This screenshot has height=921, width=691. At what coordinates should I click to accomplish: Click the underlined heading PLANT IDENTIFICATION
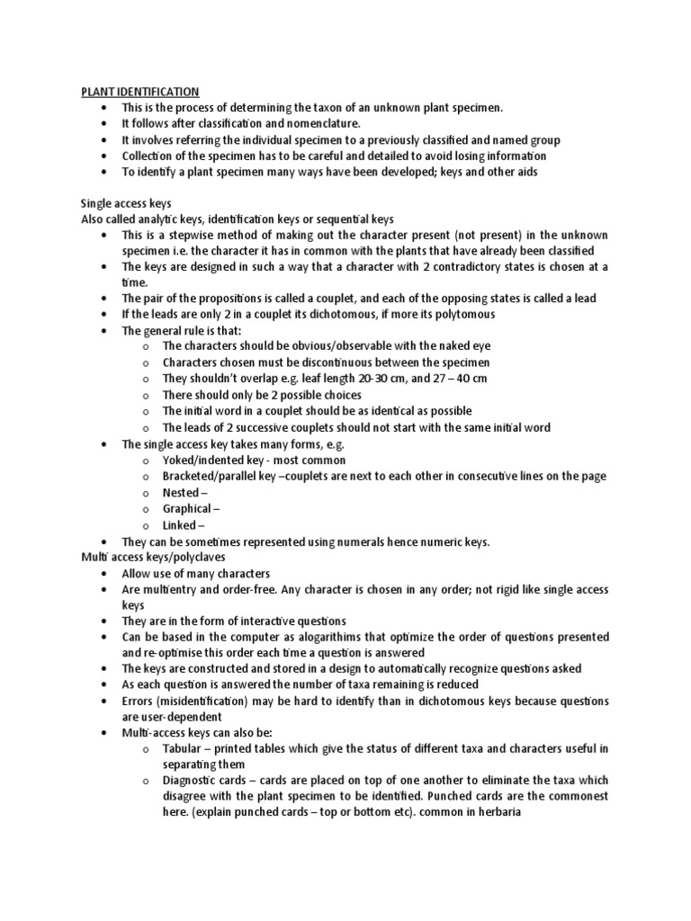(140, 92)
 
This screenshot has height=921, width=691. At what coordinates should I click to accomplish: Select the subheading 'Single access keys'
(126, 204)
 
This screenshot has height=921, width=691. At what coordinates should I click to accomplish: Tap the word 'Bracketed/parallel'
(213, 477)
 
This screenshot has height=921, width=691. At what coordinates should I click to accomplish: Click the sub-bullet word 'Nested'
(181, 493)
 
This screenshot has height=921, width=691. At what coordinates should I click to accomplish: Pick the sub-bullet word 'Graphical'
(187, 509)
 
